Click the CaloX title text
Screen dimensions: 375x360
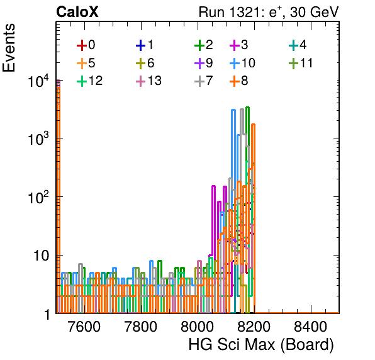[77, 12]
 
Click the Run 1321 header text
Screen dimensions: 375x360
[269, 12]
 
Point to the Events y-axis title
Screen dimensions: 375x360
[9, 48]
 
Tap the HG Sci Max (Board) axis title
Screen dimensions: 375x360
[261, 345]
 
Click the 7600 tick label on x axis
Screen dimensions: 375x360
[84, 326]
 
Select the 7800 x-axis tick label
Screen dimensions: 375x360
[141, 326]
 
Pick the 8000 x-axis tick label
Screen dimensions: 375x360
[198, 326]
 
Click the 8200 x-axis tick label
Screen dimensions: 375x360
[254, 326]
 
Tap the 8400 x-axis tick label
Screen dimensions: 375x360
[310, 326]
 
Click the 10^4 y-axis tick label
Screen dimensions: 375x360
[39, 81]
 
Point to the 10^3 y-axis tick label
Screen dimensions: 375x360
[39, 139]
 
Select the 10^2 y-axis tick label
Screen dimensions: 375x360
[39, 198]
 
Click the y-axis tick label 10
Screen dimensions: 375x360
[41, 256]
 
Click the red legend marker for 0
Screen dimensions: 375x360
[82, 45]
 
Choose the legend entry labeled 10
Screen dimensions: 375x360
[242, 63]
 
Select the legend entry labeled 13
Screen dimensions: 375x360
[148, 81]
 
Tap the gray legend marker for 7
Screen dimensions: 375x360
[199, 81]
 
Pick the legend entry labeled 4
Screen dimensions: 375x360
[298, 45]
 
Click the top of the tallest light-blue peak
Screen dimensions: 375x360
[233, 110]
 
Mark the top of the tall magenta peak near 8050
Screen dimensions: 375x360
[213, 186]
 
